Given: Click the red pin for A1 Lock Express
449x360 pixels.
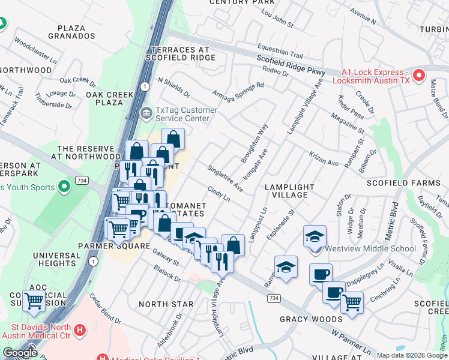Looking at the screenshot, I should [x=420, y=76].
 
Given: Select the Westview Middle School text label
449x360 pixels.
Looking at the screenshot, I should [x=370, y=248].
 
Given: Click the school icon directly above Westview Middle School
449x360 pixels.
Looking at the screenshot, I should [x=314, y=236].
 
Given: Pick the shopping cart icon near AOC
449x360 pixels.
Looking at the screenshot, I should [x=34, y=300].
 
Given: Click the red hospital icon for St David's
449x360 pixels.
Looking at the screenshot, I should [x=79, y=329].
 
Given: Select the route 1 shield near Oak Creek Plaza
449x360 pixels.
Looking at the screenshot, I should [x=145, y=87].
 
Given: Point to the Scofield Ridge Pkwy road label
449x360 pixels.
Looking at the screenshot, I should [x=291, y=65].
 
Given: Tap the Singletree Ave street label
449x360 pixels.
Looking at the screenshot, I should [x=225, y=178].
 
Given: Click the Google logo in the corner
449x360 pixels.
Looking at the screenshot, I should [x=20, y=353].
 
